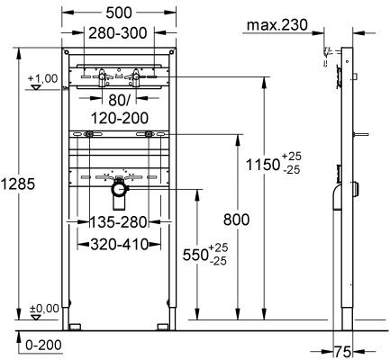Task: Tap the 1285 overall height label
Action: tap(18, 184)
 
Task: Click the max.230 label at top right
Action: tap(276, 28)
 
